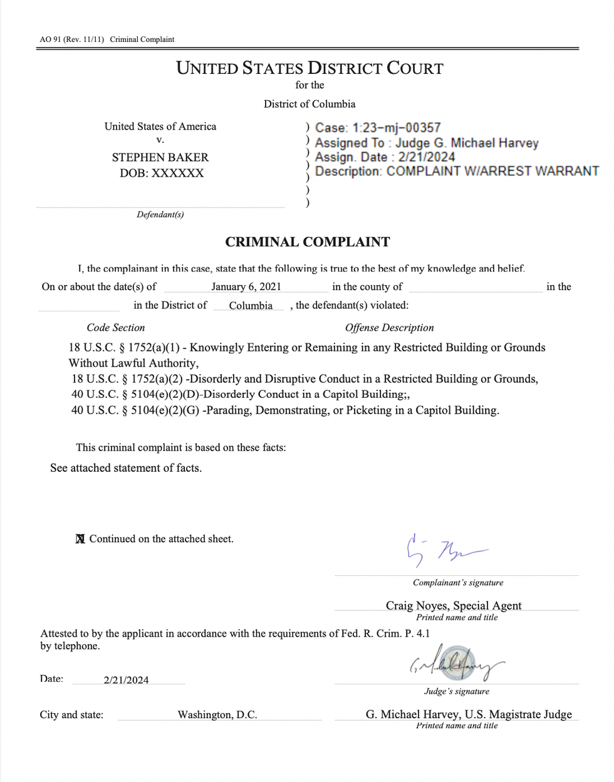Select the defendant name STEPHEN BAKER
160,157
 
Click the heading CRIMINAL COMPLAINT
308,242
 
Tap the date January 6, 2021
246,287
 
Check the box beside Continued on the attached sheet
80,539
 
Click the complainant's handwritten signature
444,550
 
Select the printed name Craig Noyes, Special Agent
454,605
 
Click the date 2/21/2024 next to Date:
127,680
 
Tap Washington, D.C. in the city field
217,714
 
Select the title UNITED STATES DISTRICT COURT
310,68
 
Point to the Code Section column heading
116,328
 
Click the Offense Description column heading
389,328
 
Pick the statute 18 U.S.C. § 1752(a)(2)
127,379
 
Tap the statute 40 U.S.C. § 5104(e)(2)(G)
135,410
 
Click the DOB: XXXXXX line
162,173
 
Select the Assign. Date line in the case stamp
385,157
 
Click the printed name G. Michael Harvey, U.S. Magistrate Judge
469,714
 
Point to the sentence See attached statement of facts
126,468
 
